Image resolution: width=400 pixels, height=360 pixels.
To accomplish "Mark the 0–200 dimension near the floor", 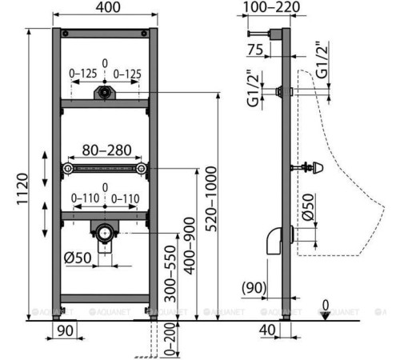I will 170,339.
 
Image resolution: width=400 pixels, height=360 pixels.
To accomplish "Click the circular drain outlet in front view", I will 103,234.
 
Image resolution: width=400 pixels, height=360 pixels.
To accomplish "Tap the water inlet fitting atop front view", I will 102,93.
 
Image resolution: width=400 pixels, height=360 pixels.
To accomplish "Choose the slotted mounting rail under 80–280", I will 105,170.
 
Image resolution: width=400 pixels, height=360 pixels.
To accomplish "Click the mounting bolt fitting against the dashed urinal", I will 307,169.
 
